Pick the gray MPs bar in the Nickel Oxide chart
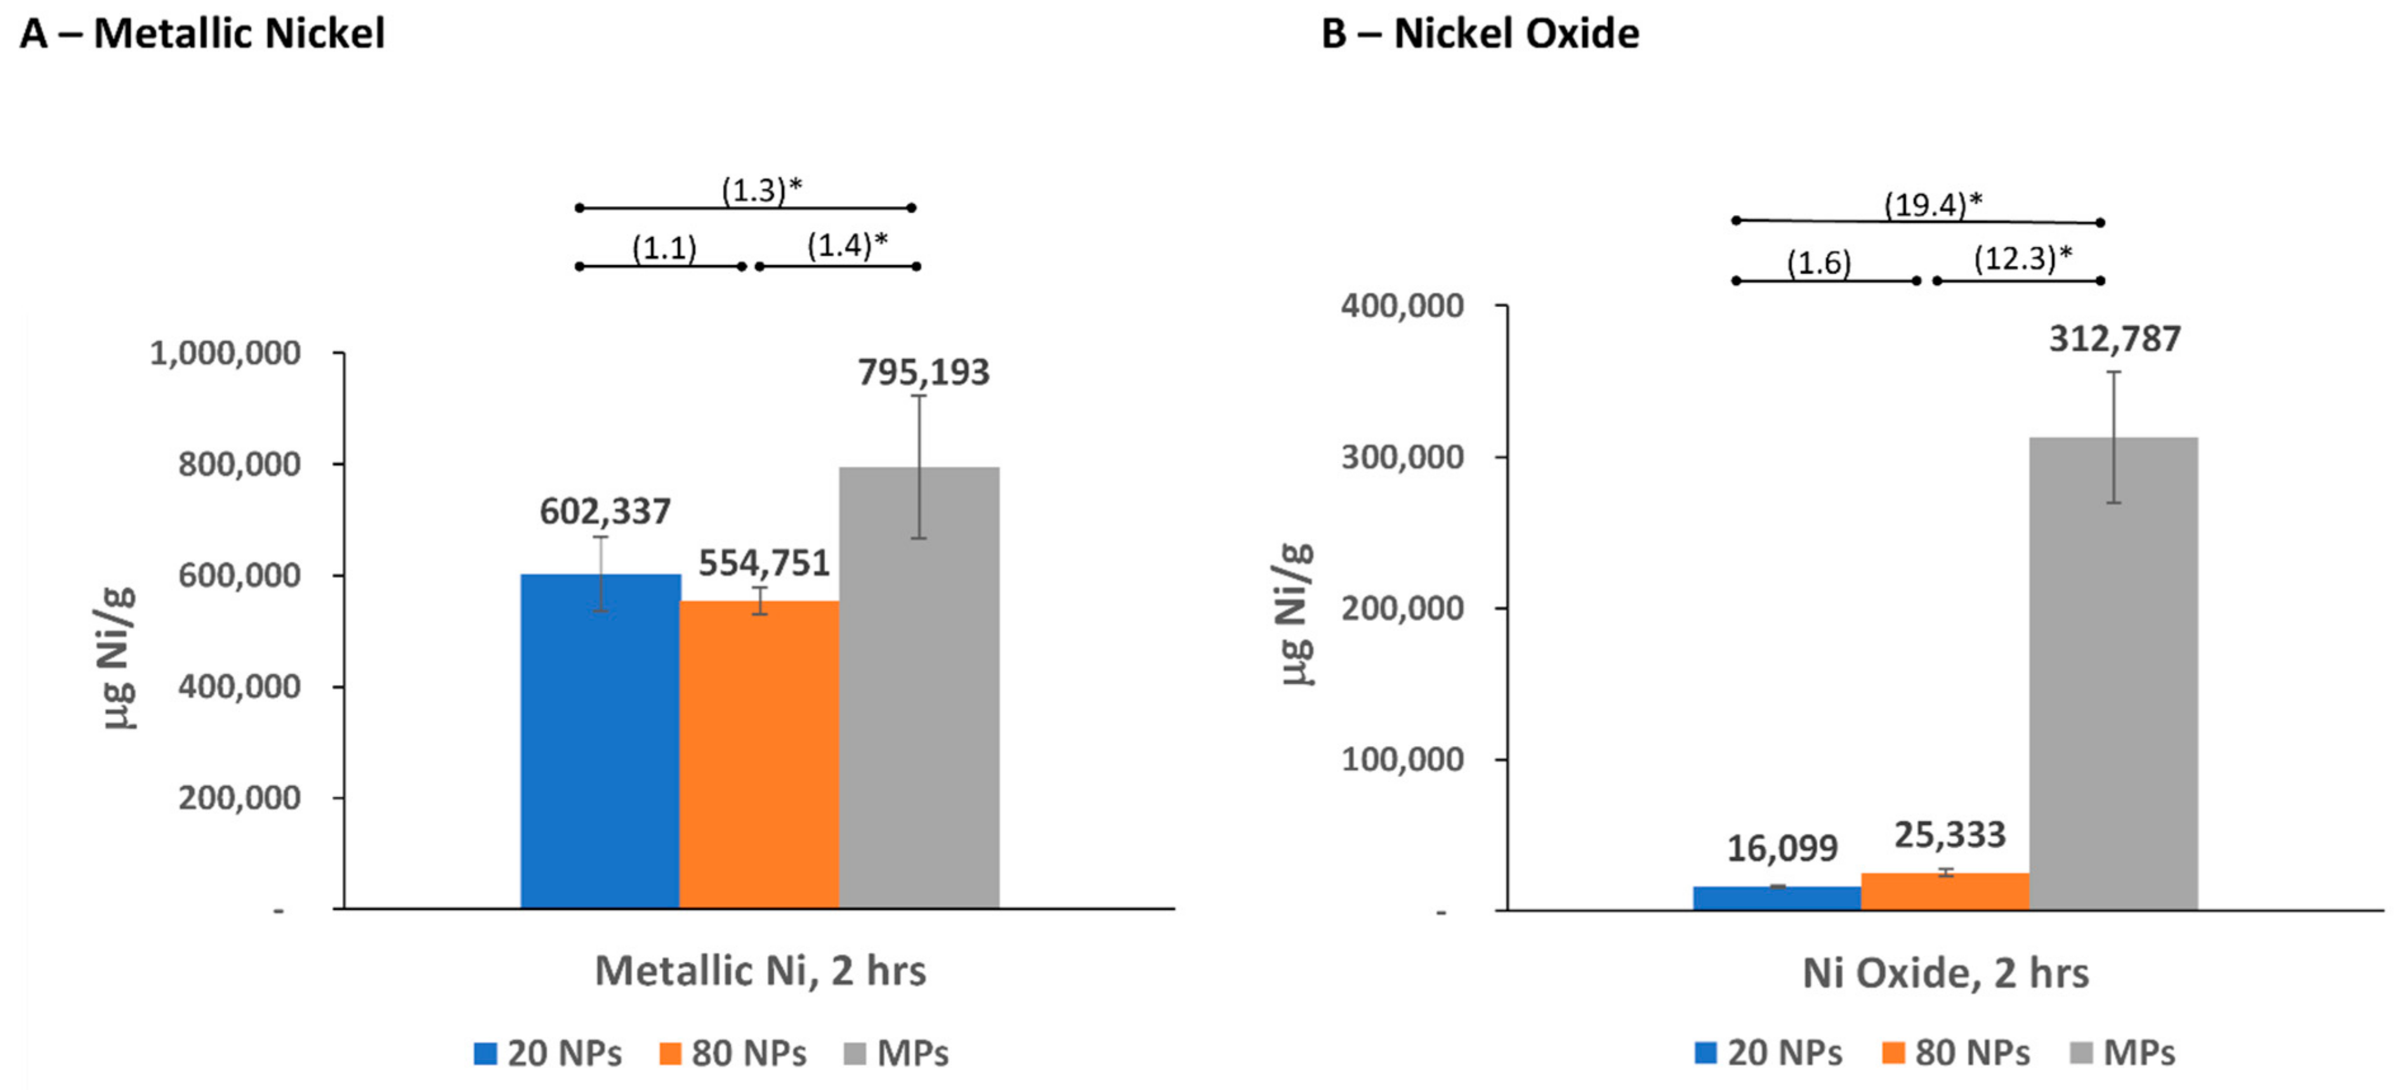(x=2113, y=673)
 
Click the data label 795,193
(x=923, y=372)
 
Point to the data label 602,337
(x=605, y=512)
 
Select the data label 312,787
(x=2115, y=339)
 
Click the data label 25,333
(x=1949, y=835)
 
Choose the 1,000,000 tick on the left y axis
(x=225, y=353)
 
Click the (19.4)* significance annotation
(x=1933, y=204)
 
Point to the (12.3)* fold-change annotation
(x=2022, y=258)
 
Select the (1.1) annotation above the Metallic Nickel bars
(x=664, y=249)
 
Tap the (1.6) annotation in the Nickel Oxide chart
(x=1818, y=263)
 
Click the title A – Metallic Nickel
(x=202, y=34)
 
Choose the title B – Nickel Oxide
(x=1480, y=34)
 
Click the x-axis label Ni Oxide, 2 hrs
(x=1945, y=973)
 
